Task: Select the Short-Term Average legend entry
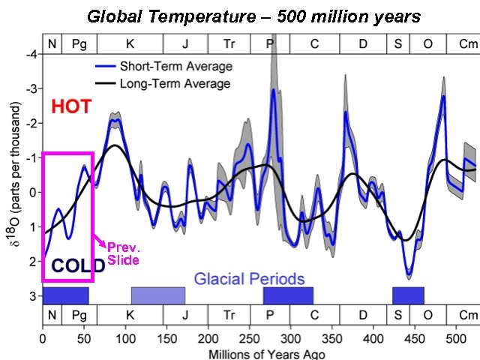click(163, 67)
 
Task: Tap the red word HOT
click(71, 107)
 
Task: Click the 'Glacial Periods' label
click(249, 279)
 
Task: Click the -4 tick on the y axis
click(31, 55)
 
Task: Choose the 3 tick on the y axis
click(32, 295)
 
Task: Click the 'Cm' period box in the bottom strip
click(468, 316)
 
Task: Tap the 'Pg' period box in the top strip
click(79, 43)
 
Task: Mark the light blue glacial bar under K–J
click(157, 295)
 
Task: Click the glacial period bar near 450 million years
click(408, 295)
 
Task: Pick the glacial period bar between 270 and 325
click(287, 295)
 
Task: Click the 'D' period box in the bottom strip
click(363, 316)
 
